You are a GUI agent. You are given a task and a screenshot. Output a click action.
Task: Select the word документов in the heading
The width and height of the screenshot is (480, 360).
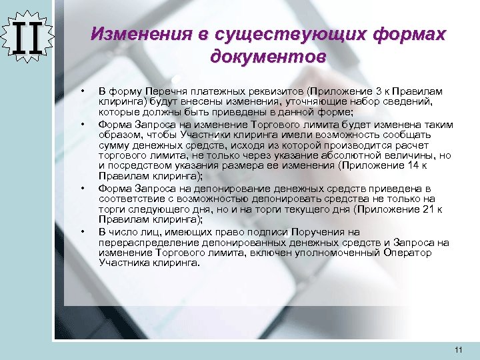(x=268, y=56)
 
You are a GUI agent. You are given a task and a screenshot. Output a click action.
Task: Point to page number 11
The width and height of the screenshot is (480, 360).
(x=457, y=350)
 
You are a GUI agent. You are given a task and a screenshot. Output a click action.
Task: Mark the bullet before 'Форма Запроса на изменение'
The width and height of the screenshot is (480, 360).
(x=82, y=125)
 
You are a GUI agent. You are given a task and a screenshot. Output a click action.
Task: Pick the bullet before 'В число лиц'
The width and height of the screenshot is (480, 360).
(x=82, y=231)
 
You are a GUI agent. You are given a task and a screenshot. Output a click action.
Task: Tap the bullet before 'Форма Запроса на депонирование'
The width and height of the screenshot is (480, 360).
(x=82, y=189)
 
